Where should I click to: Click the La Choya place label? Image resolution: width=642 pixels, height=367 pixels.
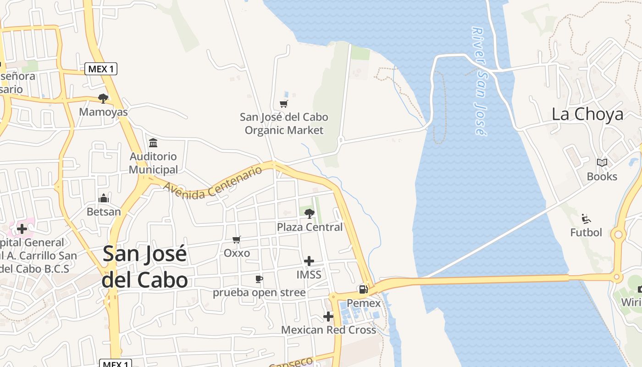pos(587,114)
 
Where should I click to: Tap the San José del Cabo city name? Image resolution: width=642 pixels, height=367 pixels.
pos(145,266)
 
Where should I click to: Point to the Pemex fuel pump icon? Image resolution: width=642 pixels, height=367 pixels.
pos(363,289)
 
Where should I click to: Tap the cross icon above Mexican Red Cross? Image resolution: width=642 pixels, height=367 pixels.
pos(328,316)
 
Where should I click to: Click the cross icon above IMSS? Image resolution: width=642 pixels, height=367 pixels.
pos(309,261)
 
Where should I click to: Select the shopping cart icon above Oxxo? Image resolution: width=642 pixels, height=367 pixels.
pos(237,239)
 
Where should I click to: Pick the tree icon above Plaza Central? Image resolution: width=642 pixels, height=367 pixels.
pos(310,213)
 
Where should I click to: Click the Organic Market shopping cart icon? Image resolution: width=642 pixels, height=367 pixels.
pos(284,104)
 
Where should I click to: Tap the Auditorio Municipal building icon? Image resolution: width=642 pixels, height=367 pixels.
pos(153,143)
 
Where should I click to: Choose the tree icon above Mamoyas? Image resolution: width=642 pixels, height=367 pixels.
pos(103,98)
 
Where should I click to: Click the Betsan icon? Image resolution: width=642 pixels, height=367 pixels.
pos(104,198)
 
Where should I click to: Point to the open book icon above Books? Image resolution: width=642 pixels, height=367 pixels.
pos(602,163)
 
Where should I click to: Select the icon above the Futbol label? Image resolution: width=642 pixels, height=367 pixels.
pos(586,219)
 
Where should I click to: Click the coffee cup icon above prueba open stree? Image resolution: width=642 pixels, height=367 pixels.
pos(259,279)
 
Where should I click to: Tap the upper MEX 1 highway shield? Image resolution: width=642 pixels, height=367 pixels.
pos(101,69)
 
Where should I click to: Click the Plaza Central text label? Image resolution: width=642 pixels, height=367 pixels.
pos(310,227)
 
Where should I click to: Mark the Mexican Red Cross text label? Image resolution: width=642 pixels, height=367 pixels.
pos(328,330)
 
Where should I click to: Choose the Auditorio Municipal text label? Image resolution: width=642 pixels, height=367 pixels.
pos(153,163)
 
